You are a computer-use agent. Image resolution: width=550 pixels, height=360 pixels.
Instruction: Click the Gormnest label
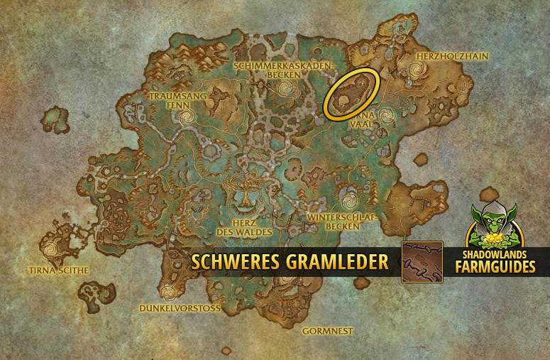coord(327,331)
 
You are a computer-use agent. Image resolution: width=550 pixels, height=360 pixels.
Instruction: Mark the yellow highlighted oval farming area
coord(351,93)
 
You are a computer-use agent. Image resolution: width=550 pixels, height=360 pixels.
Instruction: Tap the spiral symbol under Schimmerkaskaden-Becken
coord(287,89)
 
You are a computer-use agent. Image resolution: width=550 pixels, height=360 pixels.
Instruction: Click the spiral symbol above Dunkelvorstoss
coord(168,291)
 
